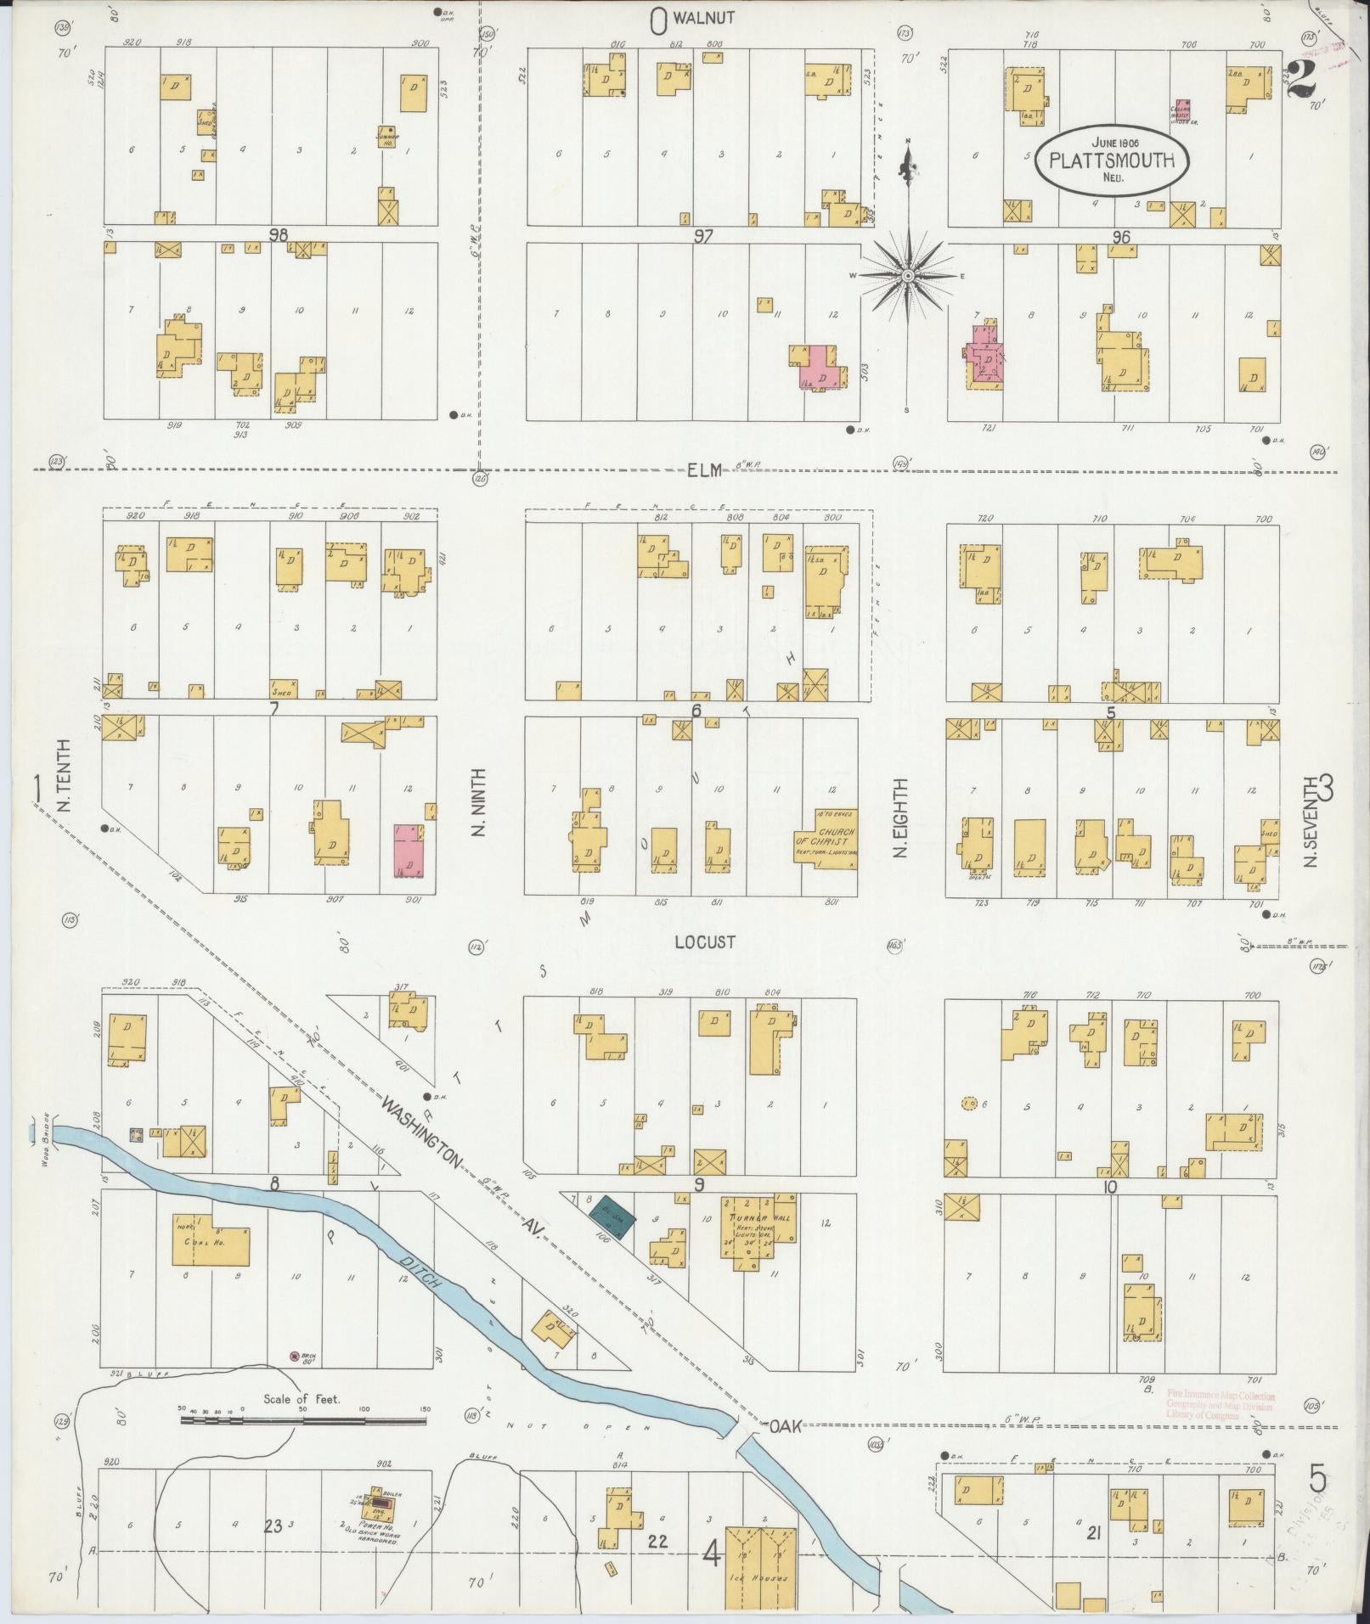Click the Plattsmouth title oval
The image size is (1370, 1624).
point(1112,161)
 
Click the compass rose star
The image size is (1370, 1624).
point(907,276)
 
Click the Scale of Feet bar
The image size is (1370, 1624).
point(303,1419)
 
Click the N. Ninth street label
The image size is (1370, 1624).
point(478,802)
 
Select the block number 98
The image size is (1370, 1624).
point(279,235)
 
